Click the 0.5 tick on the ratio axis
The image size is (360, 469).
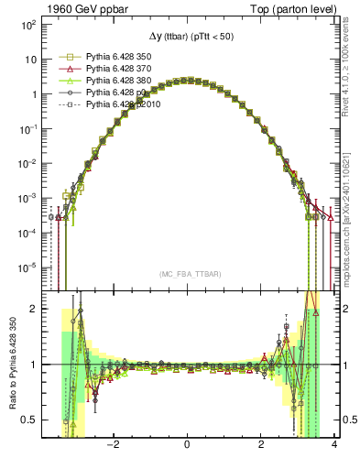coord(27,420)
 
